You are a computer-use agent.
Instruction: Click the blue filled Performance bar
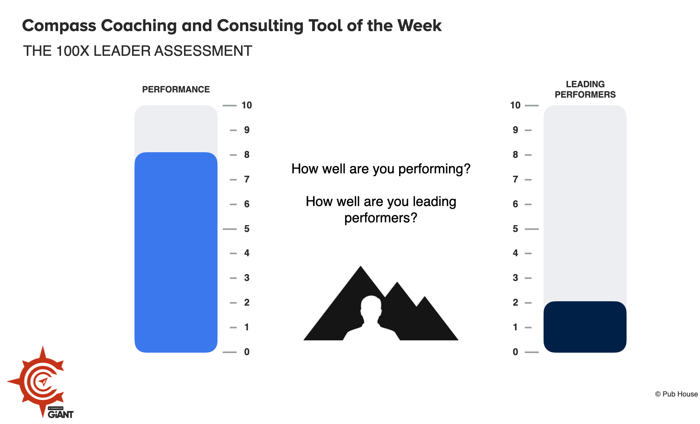tap(176, 252)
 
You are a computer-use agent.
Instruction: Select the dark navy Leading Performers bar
tap(585, 327)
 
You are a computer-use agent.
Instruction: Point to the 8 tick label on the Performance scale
tap(247, 155)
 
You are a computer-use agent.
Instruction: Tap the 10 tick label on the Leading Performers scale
tap(515, 105)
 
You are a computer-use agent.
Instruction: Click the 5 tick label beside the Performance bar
tap(247, 229)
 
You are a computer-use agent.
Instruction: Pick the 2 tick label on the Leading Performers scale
tap(515, 302)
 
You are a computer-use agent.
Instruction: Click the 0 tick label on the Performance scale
tap(247, 352)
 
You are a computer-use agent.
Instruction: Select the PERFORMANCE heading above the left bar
tap(176, 89)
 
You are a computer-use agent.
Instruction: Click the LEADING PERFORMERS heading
tap(585, 89)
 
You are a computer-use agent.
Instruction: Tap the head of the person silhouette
tap(371, 307)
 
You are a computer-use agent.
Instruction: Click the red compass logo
tap(40, 381)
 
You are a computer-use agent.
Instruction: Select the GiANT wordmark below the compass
tap(61, 414)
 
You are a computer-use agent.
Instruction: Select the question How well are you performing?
tap(381, 169)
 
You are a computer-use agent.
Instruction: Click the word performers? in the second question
tap(381, 218)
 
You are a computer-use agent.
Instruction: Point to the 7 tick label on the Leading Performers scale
tap(515, 179)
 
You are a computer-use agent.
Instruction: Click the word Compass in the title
tap(59, 26)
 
